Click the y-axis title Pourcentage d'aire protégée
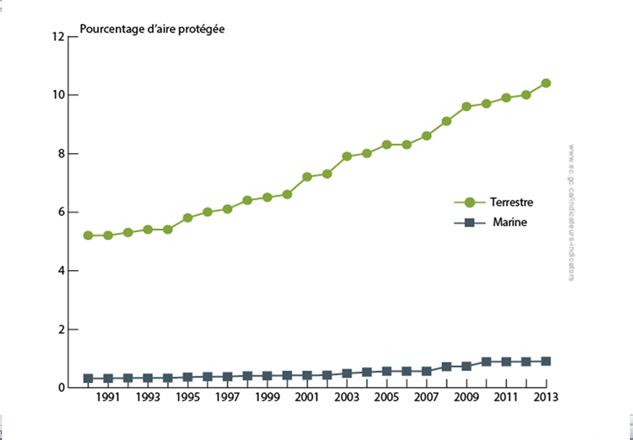[x=152, y=29]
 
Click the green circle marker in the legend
[x=470, y=203]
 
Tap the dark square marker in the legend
[x=470, y=223]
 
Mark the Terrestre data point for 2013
[x=546, y=83]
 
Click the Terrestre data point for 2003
[x=347, y=156]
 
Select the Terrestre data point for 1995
[x=187, y=217]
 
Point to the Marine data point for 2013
[x=546, y=362]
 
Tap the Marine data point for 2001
[x=307, y=376]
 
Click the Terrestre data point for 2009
[x=467, y=106]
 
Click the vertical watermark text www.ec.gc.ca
[x=572, y=212]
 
